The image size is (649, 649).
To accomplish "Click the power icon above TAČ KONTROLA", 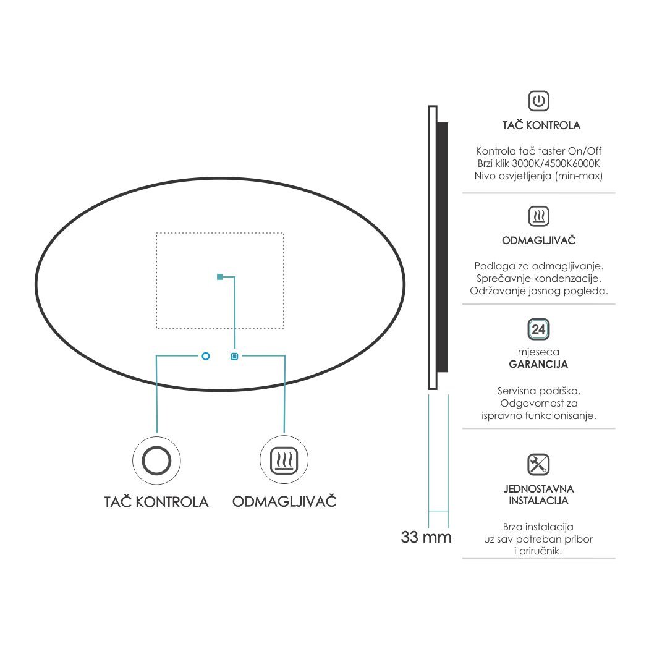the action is (x=538, y=101).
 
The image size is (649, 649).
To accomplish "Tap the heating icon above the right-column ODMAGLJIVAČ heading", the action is (x=538, y=216).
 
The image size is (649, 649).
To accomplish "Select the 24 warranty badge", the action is (x=538, y=329).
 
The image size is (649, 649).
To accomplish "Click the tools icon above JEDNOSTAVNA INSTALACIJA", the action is (x=538, y=464).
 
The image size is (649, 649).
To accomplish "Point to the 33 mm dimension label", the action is (x=426, y=537).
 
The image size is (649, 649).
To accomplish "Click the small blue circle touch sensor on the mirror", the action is (x=206, y=356).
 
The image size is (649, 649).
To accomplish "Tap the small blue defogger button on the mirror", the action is (x=234, y=356).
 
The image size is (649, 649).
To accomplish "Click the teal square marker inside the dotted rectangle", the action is (x=220, y=277).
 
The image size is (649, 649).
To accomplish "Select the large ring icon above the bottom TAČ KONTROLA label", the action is (x=156, y=460).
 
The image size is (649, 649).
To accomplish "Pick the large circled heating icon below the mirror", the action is (x=284, y=460).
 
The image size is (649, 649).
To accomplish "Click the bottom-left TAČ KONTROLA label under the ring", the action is (x=156, y=502).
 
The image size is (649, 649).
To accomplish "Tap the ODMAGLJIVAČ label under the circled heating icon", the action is (x=284, y=501).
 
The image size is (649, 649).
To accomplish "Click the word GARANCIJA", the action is (x=538, y=364).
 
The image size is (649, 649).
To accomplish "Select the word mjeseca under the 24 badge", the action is (x=538, y=352).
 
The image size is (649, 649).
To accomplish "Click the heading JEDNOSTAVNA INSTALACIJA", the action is (x=538, y=494).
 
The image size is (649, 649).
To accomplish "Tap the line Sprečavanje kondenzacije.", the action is (x=538, y=278).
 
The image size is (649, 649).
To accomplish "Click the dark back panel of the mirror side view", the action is (x=443, y=247).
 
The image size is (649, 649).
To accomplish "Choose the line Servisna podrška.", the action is (x=538, y=391).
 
